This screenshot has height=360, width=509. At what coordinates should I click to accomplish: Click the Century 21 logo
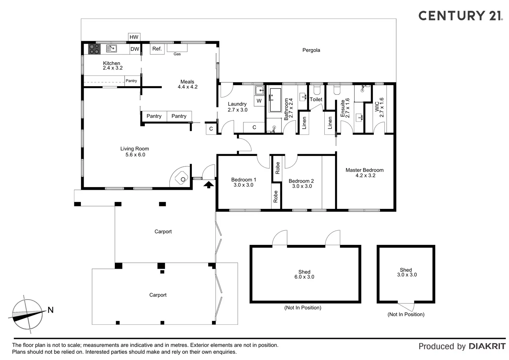click(x=460, y=16)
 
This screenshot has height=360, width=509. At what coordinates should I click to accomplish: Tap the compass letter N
click(x=50, y=310)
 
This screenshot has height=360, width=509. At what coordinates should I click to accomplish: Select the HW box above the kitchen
click(x=134, y=37)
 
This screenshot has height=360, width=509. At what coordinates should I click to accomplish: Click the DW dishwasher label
click(x=135, y=49)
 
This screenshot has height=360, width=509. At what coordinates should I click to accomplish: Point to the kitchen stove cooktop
click(x=94, y=49)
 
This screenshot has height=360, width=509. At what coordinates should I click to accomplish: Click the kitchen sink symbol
click(x=111, y=48)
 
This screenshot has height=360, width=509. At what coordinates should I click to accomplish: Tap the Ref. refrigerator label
click(x=157, y=49)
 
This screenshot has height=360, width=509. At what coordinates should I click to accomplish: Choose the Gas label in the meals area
click(x=177, y=54)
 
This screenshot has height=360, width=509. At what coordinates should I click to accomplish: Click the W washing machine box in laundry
click(x=259, y=101)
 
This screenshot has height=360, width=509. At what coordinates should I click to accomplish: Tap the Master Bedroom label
click(x=364, y=170)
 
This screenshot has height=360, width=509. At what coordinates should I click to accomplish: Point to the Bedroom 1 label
click(x=243, y=180)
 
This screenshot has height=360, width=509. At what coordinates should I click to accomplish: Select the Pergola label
click(x=311, y=50)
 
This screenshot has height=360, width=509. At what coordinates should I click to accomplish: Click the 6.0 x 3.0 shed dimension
click(x=304, y=277)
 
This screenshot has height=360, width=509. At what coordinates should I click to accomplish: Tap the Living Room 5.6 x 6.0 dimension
click(x=135, y=155)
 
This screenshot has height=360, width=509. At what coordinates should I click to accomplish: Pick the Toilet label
click(x=316, y=100)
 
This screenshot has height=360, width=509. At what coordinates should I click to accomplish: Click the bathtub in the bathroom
click(x=275, y=100)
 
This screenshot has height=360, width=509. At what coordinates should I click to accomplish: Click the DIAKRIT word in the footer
click(x=487, y=346)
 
